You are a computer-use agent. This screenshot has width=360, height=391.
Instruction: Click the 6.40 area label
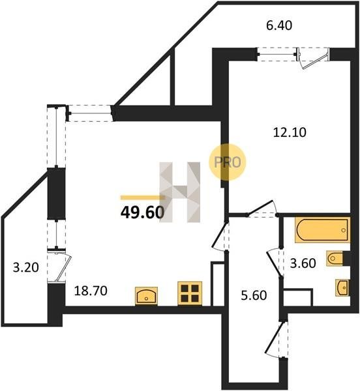pyautogui.click(x=279, y=25)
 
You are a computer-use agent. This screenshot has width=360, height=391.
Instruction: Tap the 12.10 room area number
pyautogui.click(x=290, y=132)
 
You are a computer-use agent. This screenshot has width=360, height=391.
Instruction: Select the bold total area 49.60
pyautogui.click(x=142, y=212)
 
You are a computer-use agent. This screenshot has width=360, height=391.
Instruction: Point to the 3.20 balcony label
pyautogui.click(x=26, y=268)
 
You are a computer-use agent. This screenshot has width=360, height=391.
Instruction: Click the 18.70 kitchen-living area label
pyautogui.click(x=91, y=291)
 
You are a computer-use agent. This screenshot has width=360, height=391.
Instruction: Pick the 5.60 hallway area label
pyautogui.click(x=254, y=295)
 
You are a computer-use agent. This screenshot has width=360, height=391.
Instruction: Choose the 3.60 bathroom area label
pyautogui.click(x=303, y=263)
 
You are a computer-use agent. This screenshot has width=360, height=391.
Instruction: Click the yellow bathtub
pyautogui.click(x=322, y=230)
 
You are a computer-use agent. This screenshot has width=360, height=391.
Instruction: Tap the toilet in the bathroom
pyautogui.click(x=335, y=258)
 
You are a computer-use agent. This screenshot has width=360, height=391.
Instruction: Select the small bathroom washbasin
pyautogui.click(x=342, y=288)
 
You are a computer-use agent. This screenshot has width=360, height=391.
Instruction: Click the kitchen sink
pyautogui.click(x=146, y=296)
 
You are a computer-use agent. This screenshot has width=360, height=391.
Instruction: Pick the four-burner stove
pyautogui.click(x=190, y=293)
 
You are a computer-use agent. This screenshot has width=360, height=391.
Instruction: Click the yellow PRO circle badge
pyautogui.click(x=228, y=162)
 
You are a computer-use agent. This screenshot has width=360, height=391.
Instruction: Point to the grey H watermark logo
pyautogui.click(x=180, y=192)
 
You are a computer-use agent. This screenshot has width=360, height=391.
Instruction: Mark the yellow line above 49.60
pyautogui.click(x=142, y=197)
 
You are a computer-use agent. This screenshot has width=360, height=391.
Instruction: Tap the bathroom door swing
pyautogui.click(x=275, y=262)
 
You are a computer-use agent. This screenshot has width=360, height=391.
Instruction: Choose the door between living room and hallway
pyautogui.click(x=220, y=236)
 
